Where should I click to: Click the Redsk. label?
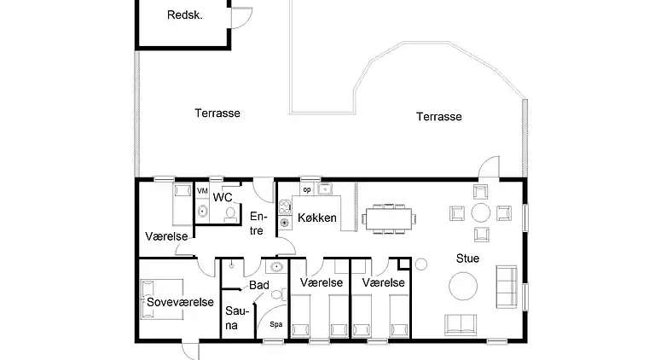184,15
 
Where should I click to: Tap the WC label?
223,198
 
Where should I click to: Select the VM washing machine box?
202,191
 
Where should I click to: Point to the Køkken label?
316,218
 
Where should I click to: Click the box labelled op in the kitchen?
306,189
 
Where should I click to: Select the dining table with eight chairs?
388,218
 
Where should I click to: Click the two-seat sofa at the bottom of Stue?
461,324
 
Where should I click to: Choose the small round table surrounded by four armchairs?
483,212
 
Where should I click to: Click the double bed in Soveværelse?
163,299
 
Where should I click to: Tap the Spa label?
275,324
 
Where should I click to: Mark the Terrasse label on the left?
217,113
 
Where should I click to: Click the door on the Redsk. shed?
241,19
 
